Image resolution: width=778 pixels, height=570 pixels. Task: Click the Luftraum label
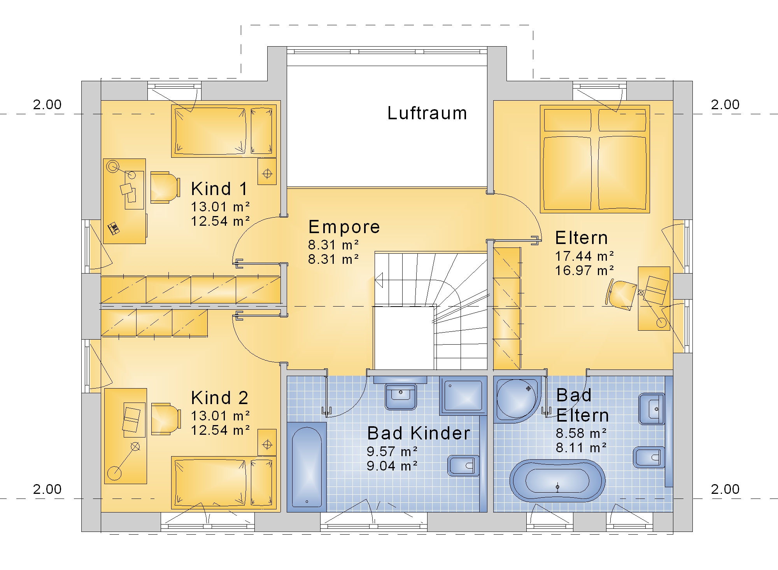[427, 113]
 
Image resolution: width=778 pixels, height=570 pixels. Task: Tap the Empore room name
[344, 227]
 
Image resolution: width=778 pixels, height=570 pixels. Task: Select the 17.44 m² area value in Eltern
[584, 256]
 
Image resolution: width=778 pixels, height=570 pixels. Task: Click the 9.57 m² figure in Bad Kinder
[392, 451]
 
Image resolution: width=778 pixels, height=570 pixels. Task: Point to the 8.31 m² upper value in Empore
[333, 245]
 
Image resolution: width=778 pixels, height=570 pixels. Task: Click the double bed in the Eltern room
[595, 159]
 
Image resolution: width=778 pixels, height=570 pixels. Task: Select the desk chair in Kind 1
[165, 187]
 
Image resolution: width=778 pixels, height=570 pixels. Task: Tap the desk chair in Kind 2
[166, 418]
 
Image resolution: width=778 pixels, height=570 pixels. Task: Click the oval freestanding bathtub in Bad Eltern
[557, 481]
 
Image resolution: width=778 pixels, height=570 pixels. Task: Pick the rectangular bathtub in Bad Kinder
[307, 467]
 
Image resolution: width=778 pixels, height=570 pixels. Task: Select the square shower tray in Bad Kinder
[463, 396]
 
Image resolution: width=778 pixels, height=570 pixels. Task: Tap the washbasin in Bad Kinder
[401, 396]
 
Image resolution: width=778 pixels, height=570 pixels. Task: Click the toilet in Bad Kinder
[463, 465]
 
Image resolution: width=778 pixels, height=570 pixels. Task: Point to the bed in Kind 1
[224, 131]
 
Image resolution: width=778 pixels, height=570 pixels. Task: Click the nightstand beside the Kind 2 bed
[267, 443]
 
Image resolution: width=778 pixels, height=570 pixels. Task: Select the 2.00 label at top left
[47, 105]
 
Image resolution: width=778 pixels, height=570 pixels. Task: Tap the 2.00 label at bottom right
[725, 489]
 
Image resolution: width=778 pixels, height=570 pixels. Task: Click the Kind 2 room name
[219, 398]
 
